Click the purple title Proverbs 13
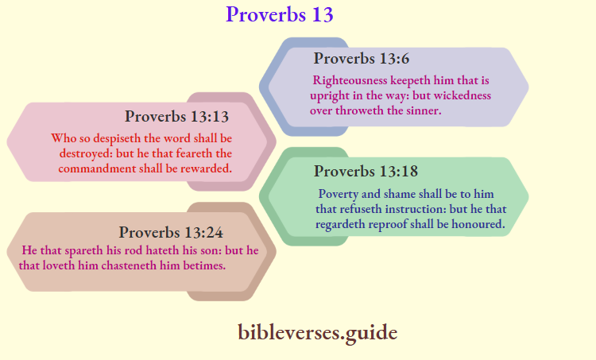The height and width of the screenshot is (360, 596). pos(279,14)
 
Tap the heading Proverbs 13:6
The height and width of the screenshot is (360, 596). pos(362,58)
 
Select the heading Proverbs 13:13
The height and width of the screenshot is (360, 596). pos(176,117)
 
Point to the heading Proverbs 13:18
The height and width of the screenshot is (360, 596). pos(366,171)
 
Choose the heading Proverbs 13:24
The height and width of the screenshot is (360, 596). pos(171,233)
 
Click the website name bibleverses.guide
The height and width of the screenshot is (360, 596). pos(317,332)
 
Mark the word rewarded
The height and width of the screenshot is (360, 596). pos(204,168)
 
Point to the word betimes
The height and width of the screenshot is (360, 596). pos(203,265)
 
